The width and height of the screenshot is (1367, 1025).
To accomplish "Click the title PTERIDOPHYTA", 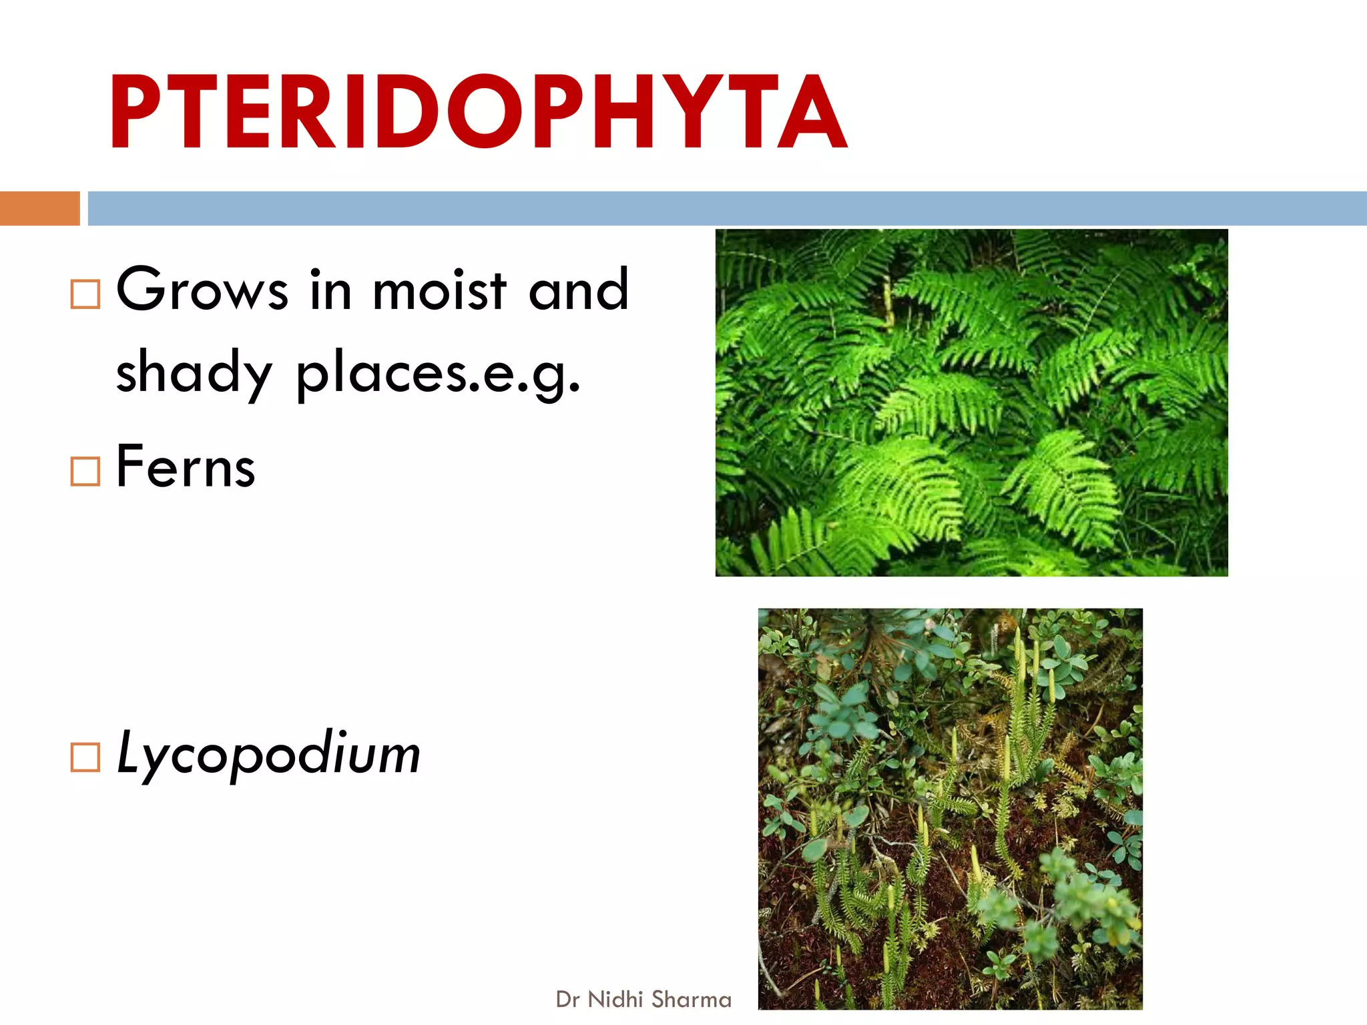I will tap(478, 112).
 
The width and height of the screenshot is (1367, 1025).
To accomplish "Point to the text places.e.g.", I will tap(438, 374).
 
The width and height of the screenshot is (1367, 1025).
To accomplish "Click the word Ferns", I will tap(186, 467).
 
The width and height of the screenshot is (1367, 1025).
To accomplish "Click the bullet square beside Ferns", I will tap(85, 472).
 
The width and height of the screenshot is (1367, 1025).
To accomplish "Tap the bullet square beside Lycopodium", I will tap(85, 758).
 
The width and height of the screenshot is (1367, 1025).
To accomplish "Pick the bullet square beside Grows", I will tap(85, 294).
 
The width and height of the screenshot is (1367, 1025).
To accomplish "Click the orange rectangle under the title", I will tap(39, 208).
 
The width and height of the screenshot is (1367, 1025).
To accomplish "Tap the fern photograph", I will tap(971, 402).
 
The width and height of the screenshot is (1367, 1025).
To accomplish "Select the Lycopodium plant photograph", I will tap(950, 808).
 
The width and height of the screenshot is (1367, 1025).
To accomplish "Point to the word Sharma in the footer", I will tap(692, 1000).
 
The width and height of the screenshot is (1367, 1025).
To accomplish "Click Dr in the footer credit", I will tap(567, 1000).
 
